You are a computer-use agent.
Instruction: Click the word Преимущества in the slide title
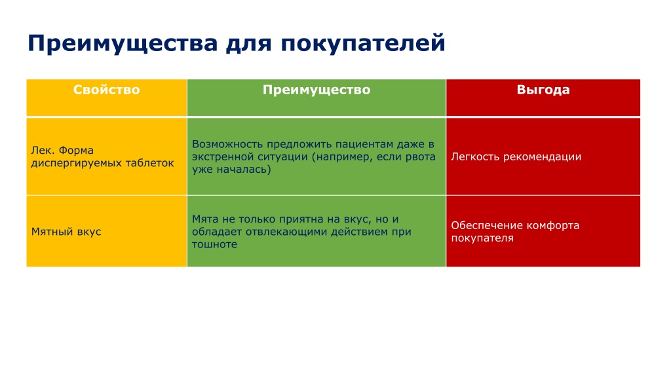(x=123, y=44)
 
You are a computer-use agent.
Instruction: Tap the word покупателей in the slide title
(x=363, y=44)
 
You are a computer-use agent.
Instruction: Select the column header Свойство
(x=107, y=90)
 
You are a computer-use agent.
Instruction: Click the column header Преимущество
(x=316, y=90)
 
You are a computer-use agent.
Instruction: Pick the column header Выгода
(x=543, y=90)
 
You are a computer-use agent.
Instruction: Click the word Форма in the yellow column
(x=76, y=151)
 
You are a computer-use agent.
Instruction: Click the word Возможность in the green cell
(x=227, y=144)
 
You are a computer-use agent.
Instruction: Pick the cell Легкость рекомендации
(x=516, y=157)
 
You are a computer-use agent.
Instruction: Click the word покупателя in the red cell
(x=482, y=238)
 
